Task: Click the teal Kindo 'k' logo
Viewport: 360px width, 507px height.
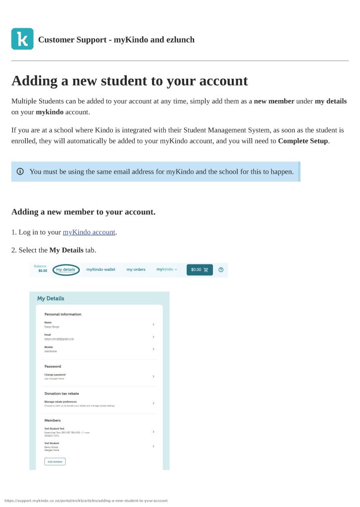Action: (22, 39)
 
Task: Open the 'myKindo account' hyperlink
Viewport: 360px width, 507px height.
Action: (89, 232)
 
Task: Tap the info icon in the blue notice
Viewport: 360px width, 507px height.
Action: (20, 171)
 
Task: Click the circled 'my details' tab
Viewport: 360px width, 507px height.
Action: (65, 269)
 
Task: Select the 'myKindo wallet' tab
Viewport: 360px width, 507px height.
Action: (101, 269)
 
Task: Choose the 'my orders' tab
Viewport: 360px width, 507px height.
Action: (136, 269)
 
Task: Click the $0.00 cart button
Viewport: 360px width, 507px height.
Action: (200, 269)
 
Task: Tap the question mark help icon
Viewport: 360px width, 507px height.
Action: (221, 269)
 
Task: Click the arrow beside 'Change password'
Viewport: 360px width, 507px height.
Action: (154, 376)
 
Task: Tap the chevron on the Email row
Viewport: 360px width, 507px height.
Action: (154, 337)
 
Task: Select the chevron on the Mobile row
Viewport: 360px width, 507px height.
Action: (154, 349)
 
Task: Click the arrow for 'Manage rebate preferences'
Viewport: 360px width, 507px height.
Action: (154, 403)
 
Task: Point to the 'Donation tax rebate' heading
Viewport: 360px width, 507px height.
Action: (61, 394)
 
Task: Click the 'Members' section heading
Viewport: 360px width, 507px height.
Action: (52, 420)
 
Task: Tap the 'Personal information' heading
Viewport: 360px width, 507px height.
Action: (63, 314)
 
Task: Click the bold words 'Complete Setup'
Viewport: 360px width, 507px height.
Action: (303, 141)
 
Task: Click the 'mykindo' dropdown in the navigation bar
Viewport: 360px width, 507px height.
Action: (166, 269)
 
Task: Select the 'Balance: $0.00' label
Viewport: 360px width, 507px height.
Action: (42, 268)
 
